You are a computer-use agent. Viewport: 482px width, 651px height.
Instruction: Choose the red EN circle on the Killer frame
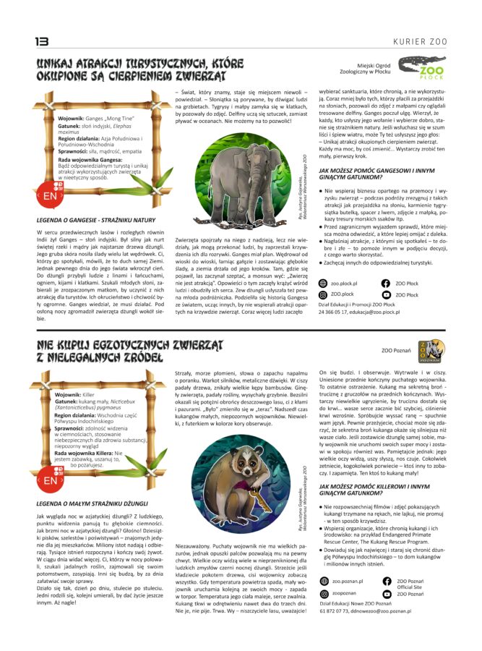point(50,480)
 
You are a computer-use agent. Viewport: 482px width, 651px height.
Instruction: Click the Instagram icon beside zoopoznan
point(324,593)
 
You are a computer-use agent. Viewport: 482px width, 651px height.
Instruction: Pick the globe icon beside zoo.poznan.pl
point(324,582)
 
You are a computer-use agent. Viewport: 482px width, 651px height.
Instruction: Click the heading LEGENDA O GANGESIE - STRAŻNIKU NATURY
point(96,220)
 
